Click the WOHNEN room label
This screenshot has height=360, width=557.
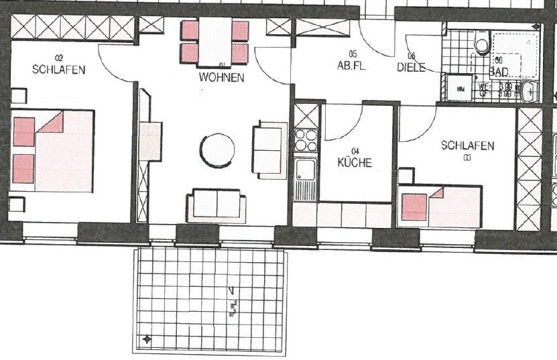click(221, 78)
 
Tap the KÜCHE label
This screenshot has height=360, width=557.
click(355, 162)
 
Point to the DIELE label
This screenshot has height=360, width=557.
click(411, 67)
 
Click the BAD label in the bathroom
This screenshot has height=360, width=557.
click(499, 71)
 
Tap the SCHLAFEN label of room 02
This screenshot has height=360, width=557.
click(59, 69)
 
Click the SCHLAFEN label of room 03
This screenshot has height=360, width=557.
click(468, 145)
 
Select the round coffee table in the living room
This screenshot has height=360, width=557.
click(219, 150)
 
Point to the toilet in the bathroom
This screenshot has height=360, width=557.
click(482, 45)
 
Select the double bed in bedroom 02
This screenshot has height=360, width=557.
click(54, 152)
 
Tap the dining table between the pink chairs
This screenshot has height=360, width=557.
click(215, 42)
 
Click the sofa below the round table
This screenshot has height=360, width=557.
click(217, 204)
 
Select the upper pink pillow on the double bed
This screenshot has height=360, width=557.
click(23, 131)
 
